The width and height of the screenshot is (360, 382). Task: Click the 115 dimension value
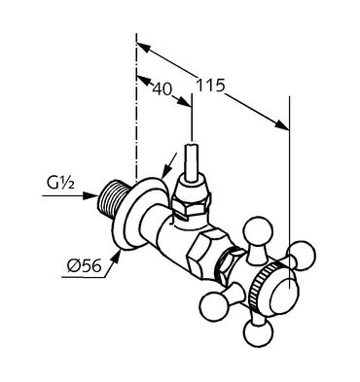click(210, 86)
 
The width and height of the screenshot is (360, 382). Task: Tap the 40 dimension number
click(162, 88)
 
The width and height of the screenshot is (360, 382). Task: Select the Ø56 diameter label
click(85, 266)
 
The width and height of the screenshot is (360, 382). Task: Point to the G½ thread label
click(61, 184)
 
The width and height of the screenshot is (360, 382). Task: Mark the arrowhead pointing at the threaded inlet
click(90, 195)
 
